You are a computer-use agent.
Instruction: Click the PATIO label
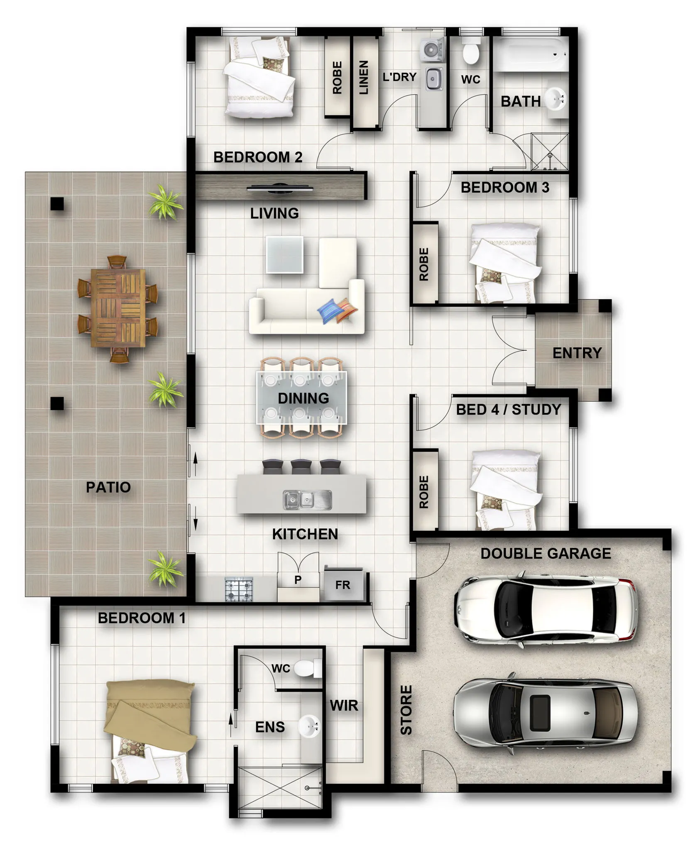click(x=108, y=487)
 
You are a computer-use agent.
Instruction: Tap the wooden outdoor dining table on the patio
click(x=118, y=308)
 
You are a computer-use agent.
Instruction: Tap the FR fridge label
click(x=343, y=585)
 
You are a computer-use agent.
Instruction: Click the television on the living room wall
click(x=280, y=188)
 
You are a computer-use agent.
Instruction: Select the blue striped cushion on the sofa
click(x=329, y=311)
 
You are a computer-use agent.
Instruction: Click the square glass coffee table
click(x=284, y=254)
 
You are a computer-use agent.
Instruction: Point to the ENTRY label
click(x=577, y=353)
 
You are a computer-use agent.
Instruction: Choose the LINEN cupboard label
click(x=364, y=78)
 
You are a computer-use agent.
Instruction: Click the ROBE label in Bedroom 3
click(x=424, y=264)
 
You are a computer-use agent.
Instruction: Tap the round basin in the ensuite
click(x=309, y=726)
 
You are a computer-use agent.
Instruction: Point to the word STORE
click(x=406, y=710)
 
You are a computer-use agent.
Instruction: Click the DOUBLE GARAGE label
click(x=546, y=553)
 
